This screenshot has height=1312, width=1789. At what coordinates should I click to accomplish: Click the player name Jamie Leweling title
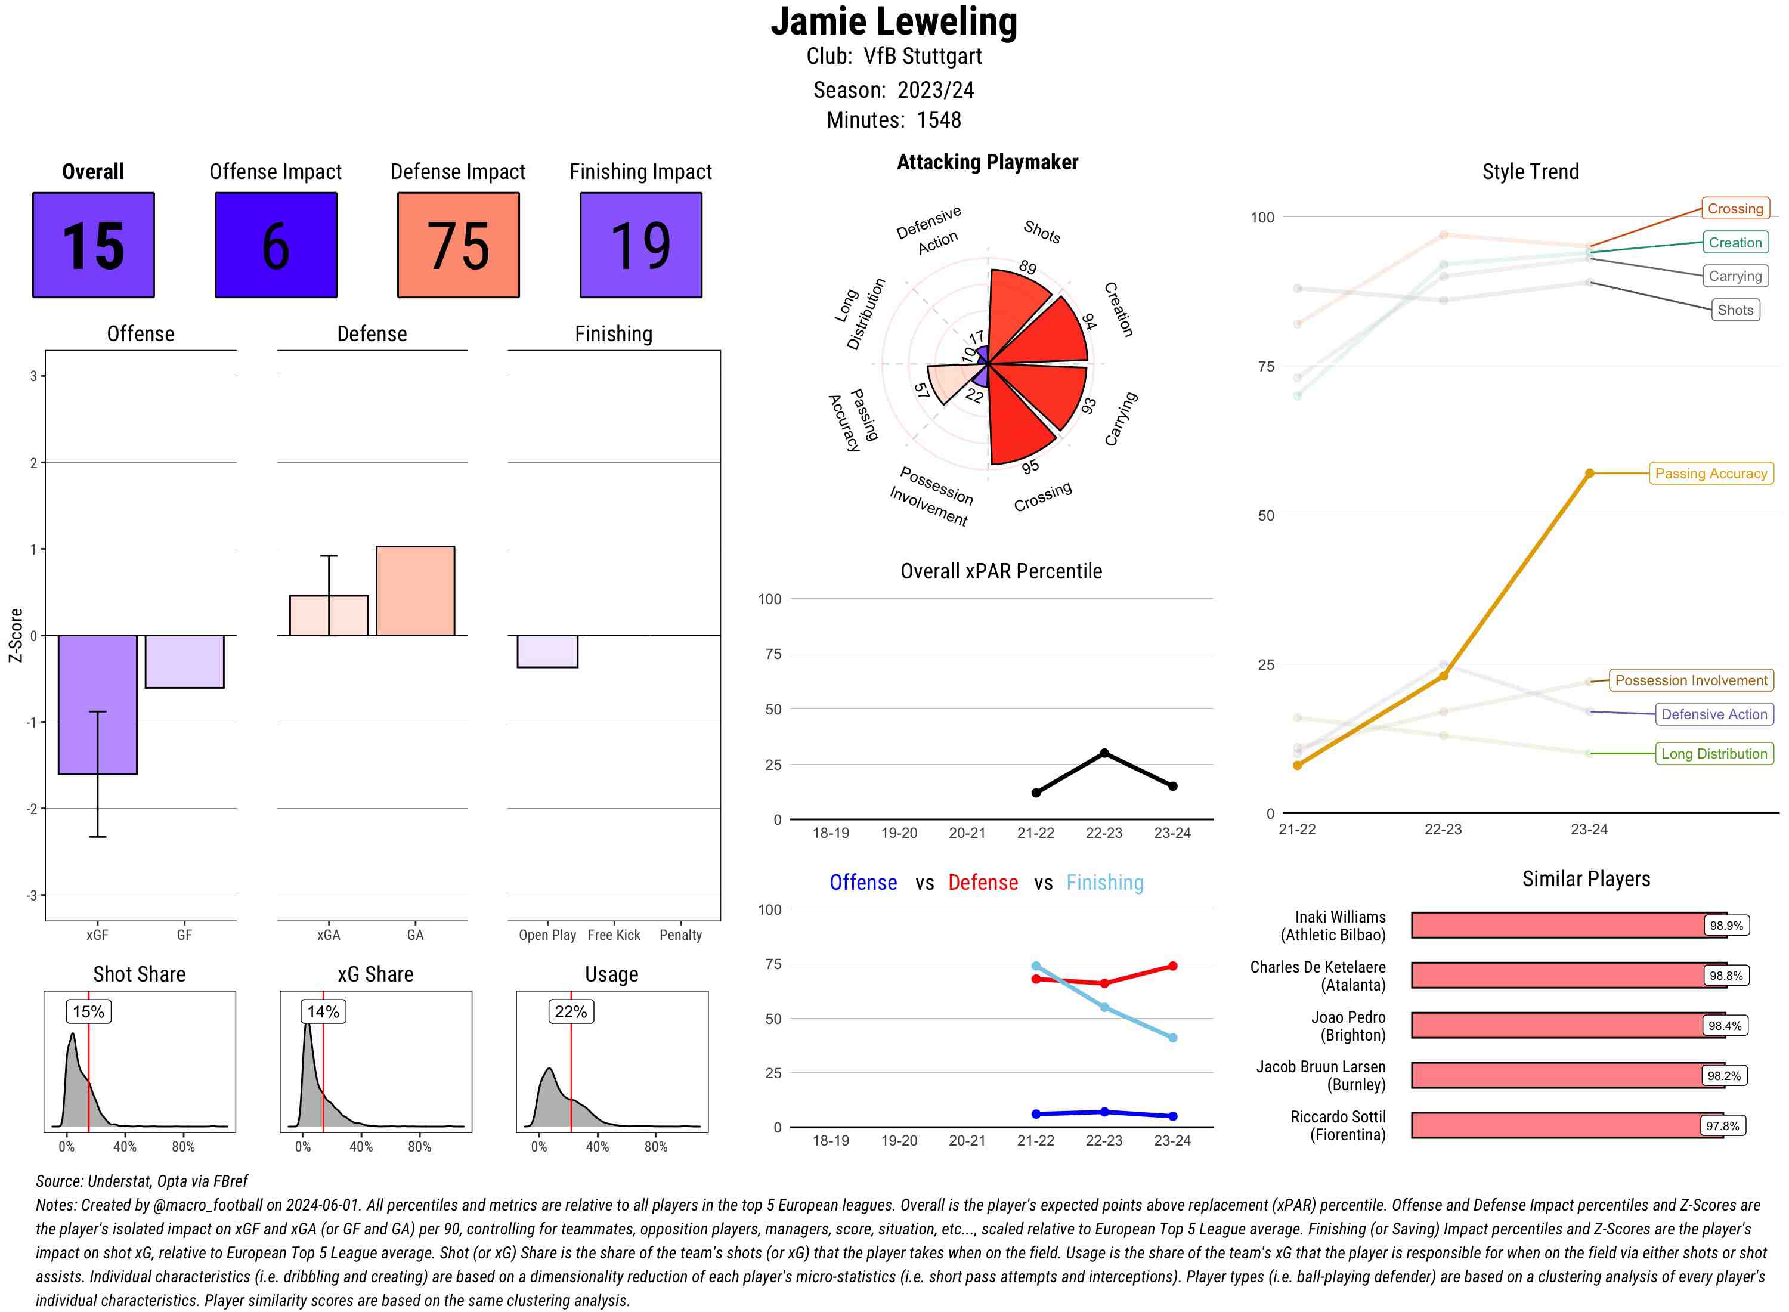click(893, 21)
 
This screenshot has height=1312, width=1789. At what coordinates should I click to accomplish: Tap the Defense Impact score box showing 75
click(458, 245)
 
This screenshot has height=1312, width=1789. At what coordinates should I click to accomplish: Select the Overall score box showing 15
click(93, 245)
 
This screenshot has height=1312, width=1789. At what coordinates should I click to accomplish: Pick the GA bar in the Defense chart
click(415, 591)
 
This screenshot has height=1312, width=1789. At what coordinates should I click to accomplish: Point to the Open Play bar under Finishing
click(547, 651)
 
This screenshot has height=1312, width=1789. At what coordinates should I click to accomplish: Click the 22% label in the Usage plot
click(571, 1012)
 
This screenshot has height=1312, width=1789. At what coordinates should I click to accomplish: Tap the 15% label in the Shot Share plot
click(88, 1012)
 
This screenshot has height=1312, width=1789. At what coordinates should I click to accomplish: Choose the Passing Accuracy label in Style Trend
click(1711, 474)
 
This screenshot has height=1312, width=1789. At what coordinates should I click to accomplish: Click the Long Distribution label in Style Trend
click(1714, 754)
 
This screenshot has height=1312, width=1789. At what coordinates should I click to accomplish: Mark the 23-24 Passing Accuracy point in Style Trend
click(1590, 474)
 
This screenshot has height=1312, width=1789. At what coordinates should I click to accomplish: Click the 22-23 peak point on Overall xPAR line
click(1104, 753)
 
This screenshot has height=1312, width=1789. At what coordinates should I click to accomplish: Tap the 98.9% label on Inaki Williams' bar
click(1726, 925)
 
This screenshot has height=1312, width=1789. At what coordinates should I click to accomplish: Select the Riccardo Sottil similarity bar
click(1567, 1125)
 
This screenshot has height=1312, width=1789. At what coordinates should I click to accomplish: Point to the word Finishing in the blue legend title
click(1104, 883)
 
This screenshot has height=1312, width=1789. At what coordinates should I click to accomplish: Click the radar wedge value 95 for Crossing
click(1030, 467)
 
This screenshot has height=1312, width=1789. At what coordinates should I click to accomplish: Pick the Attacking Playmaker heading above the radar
click(987, 162)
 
